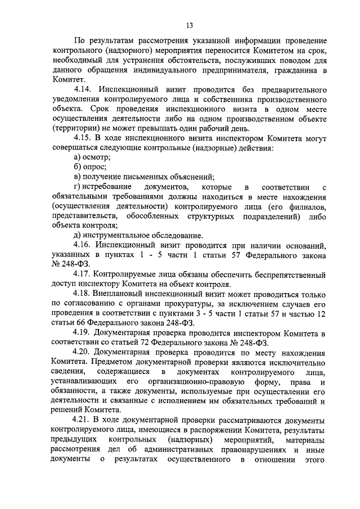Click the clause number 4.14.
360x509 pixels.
[x=85, y=90]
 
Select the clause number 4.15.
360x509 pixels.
[x=85, y=138]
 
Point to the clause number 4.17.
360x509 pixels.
[x=85, y=274]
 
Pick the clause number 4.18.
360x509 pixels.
[x=85, y=294]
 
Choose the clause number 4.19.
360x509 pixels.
[x=85, y=333]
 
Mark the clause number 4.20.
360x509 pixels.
[x=85, y=352]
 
